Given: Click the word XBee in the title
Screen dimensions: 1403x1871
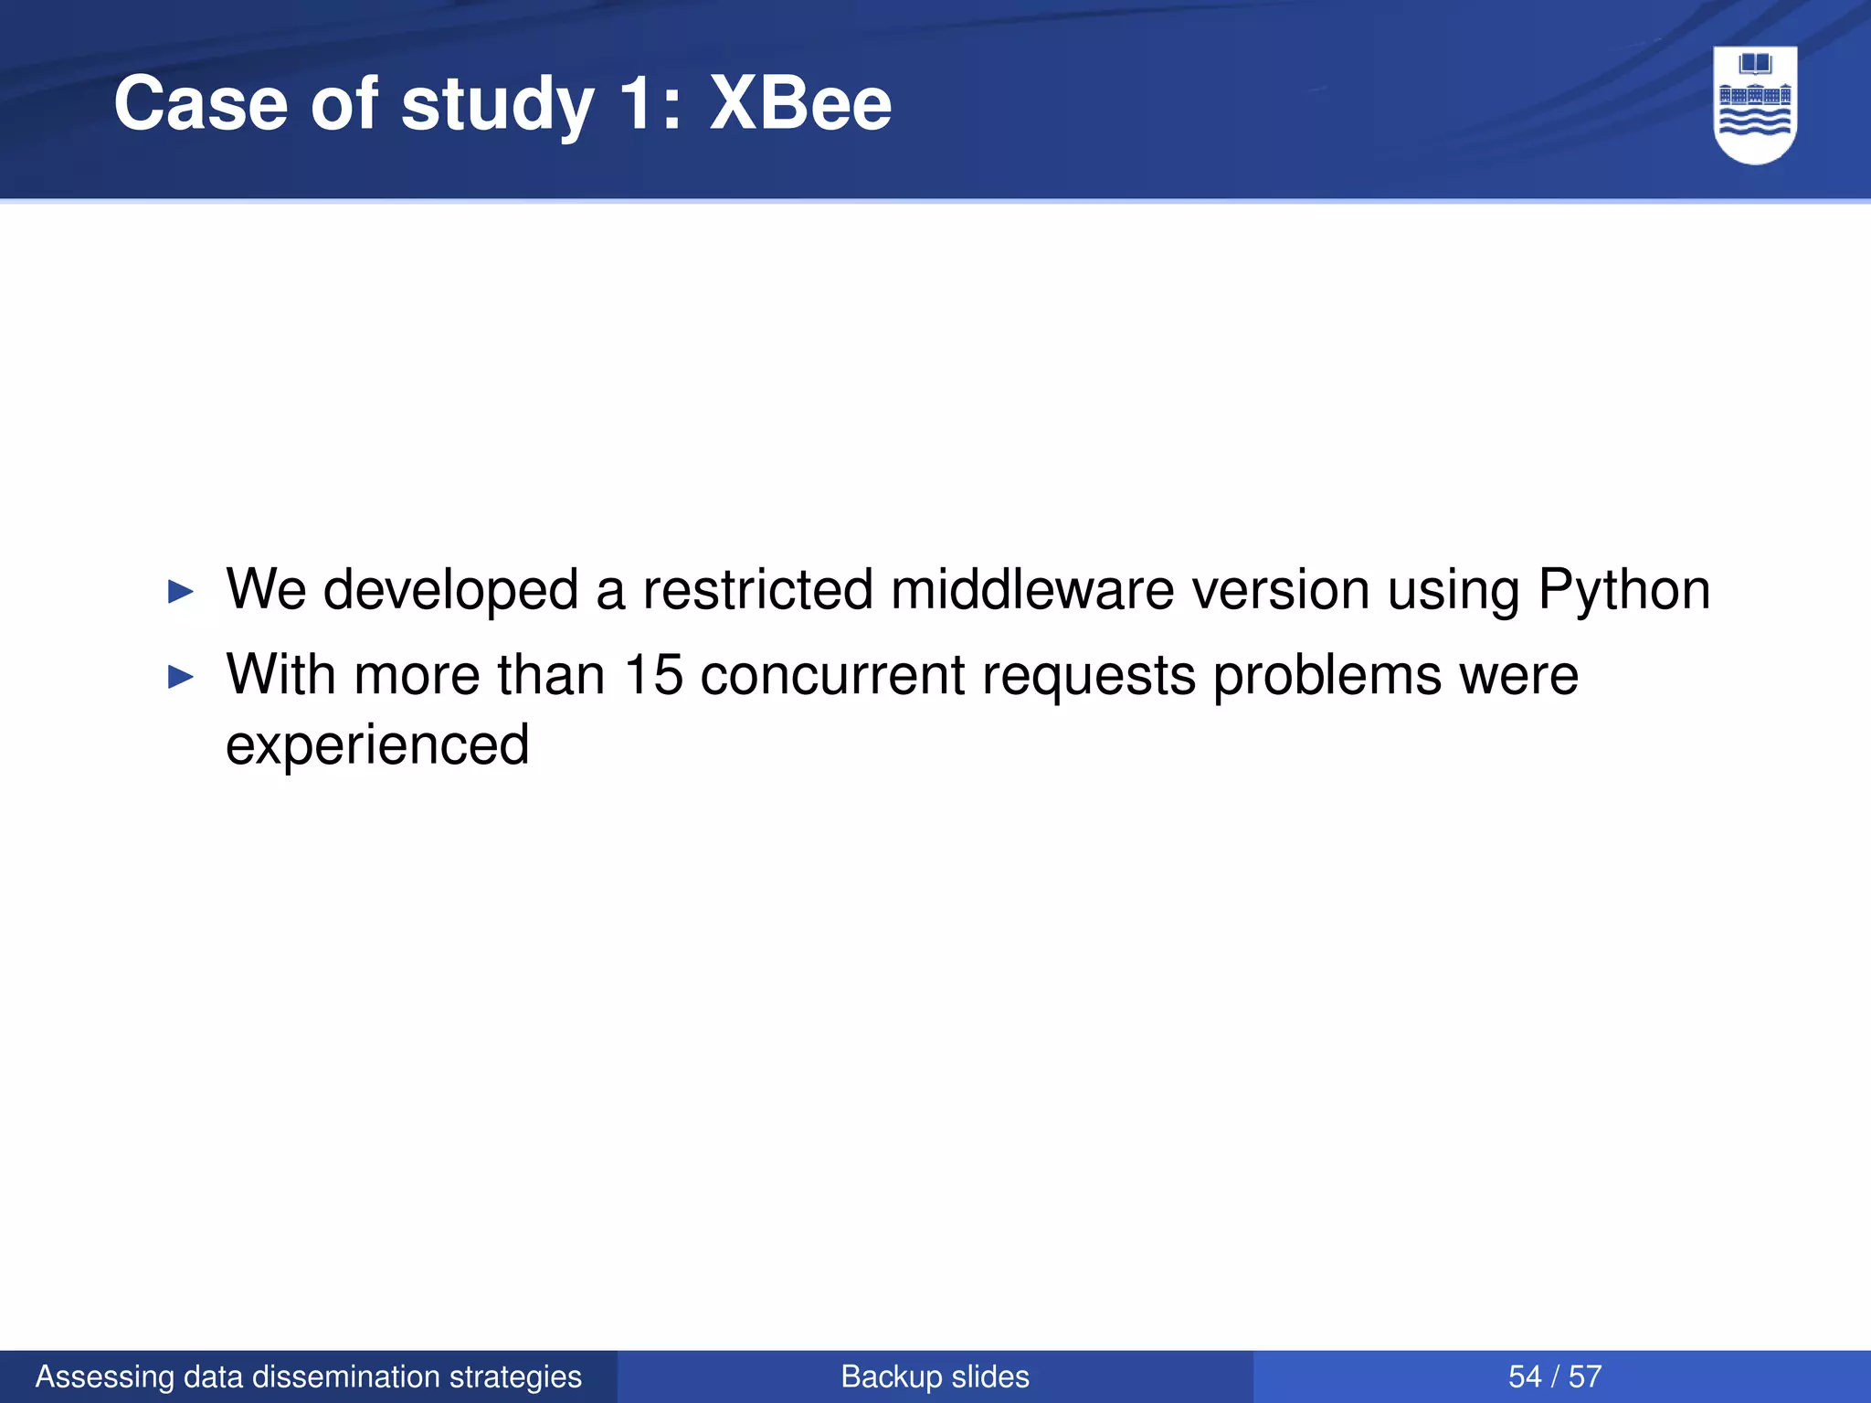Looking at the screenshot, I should pyautogui.click(x=800, y=103).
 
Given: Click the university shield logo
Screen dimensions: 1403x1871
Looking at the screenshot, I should pyautogui.click(x=1755, y=105).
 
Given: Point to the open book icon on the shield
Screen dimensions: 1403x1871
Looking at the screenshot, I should pyautogui.click(x=1755, y=65).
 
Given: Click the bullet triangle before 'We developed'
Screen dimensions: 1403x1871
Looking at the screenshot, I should pyautogui.click(x=181, y=592).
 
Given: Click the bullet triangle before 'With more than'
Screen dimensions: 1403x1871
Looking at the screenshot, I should pyautogui.click(x=181, y=678).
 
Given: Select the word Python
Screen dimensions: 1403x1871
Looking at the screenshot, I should pyautogui.click(x=1623, y=590).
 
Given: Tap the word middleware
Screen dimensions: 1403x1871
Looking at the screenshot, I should pyautogui.click(x=1032, y=589).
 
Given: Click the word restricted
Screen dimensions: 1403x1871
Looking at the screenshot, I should pyautogui.click(x=757, y=589).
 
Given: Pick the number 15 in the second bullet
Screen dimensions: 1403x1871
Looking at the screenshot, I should pyautogui.click(x=653, y=675).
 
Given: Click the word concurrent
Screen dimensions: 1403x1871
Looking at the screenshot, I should pyautogui.click(x=832, y=675).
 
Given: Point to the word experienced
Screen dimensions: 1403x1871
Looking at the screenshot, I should pyautogui.click(x=377, y=744).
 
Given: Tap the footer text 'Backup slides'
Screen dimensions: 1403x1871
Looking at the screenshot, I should pyautogui.click(x=935, y=1377).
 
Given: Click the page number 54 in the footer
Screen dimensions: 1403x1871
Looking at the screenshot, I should pyautogui.click(x=1525, y=1377).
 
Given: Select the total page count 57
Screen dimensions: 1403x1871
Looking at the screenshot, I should pyautogui.click(x=1585, y=1377).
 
